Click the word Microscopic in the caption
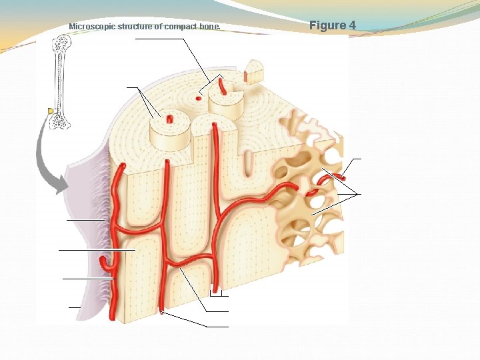[x=92, y=27]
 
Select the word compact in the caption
[x=180, y=27]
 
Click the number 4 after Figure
[x=353, y=25]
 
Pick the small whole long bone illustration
[x=61, y=82]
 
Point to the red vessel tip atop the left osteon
[x=169, y=119]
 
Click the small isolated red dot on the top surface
[x=198, y=98]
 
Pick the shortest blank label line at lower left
[x=74, y=307]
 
